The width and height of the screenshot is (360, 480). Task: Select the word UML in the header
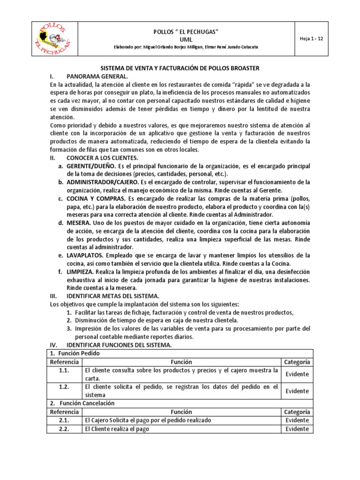pyautogui.click(x=180, y=39)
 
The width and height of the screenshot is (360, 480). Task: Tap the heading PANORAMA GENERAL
pyautogui.click(x=97, y=76)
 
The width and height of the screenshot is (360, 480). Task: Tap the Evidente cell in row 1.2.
pyautogui.click(x=297, y=391)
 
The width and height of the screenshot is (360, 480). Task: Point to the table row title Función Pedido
pyautogui.click(x=75, y=353)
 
